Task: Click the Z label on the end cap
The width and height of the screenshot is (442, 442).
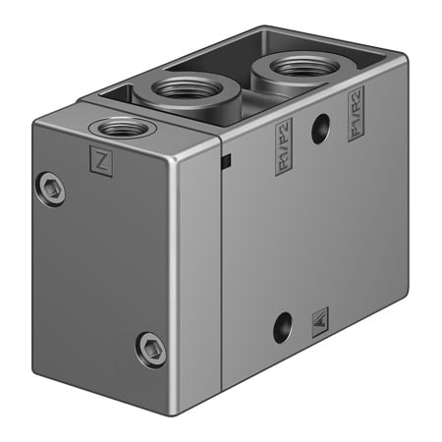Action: tap(100, 158)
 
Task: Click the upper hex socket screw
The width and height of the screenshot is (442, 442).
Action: tap(54, 188)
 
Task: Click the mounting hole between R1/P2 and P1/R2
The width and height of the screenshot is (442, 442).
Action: tap(319, 129)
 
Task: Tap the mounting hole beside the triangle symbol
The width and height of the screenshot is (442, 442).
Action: tap(283, 326)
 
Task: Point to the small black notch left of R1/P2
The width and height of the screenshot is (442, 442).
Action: tap(226, 160)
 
